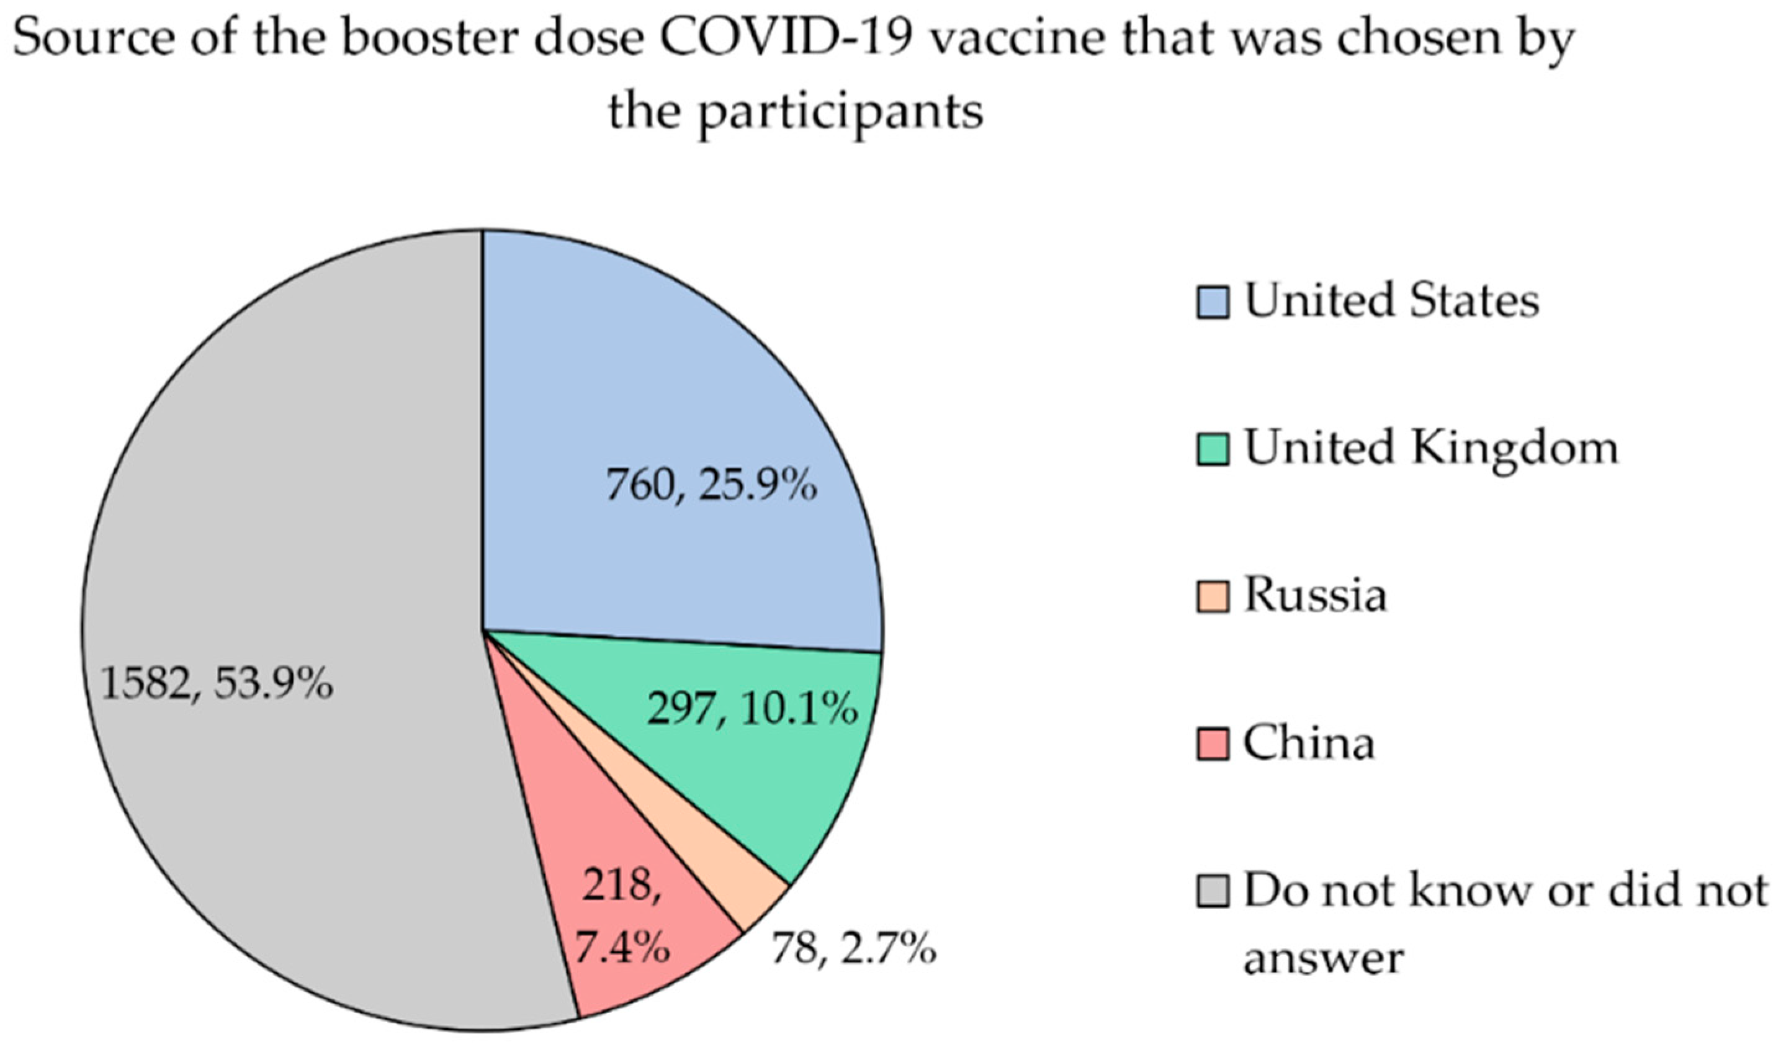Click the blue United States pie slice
(673, 397)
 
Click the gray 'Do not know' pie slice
(284, 567)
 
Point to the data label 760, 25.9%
(711, 487)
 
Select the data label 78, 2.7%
(853, 948)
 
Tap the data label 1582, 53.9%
(217, 684)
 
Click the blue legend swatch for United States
(1213, 303)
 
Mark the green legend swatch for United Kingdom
(1213, 449)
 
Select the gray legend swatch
(1213, 891)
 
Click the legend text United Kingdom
(1432, 449)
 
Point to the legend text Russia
(1316, 595)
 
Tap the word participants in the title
(841, 114)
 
